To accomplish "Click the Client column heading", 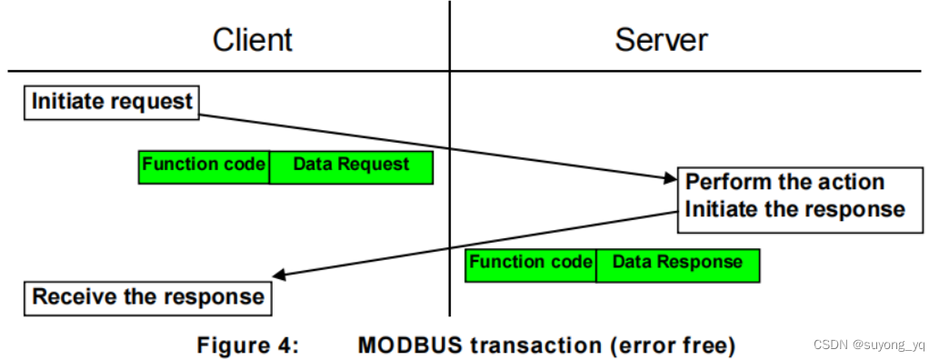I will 253,40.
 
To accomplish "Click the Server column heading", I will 661,40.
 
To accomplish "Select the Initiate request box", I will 112,102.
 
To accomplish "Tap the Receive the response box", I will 148,296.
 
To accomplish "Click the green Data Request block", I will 351,165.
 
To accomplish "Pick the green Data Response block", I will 677,263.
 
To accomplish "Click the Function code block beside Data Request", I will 204,165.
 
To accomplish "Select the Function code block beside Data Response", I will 531,263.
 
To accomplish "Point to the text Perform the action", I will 784,181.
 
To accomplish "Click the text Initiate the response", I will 794,209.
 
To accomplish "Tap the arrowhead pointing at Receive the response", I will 278,275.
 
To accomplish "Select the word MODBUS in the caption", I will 406,345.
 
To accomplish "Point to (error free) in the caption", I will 672,345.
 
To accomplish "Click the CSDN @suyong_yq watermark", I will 868,345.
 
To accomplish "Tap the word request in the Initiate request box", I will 153,102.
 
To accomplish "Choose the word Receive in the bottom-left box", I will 70,296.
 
